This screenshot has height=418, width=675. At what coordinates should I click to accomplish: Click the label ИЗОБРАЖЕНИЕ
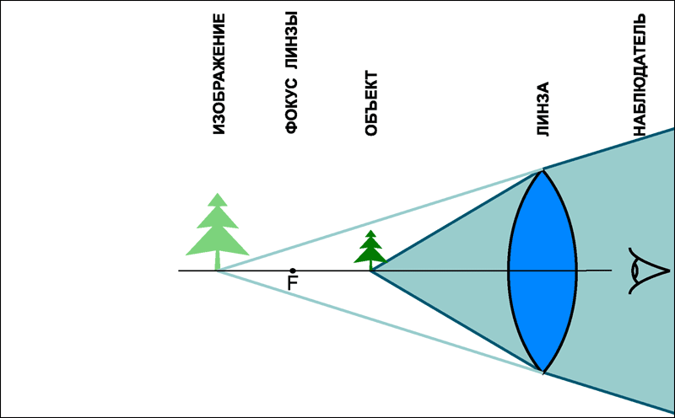pos(219,75)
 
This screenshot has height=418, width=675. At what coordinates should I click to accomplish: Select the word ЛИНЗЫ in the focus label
pos(292,51)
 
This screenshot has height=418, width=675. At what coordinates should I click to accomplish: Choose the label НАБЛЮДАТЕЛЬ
pos(639,75)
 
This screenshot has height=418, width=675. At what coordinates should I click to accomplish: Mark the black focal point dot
pos(293,270)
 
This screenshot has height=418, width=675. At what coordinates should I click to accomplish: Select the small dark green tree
pos(370,248)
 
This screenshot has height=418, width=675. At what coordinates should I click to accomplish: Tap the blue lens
pos(543,270)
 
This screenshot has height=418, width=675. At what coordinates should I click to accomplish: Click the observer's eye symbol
pos(649,271)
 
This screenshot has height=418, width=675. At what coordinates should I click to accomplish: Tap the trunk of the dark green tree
pos(370,265)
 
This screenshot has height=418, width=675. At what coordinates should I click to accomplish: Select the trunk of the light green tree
pos(218,262)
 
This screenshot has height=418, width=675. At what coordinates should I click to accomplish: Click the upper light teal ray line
pos(380,219)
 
